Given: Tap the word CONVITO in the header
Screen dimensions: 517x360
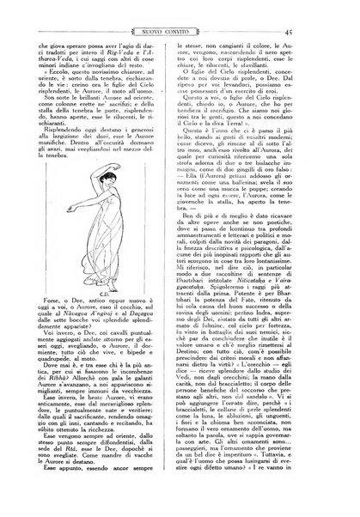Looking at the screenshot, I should click(x=196, y=28).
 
